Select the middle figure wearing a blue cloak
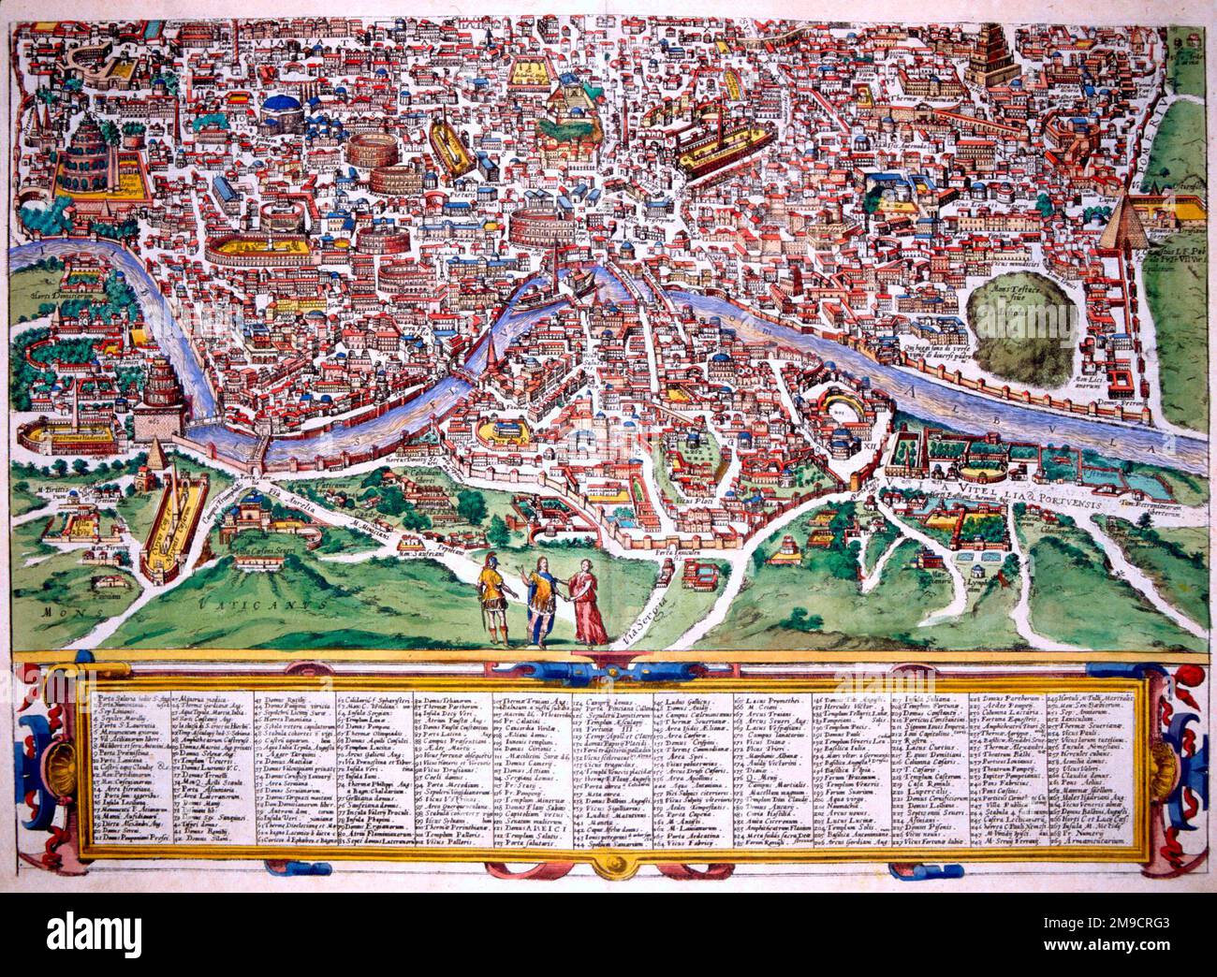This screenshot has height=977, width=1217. point(539,599)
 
